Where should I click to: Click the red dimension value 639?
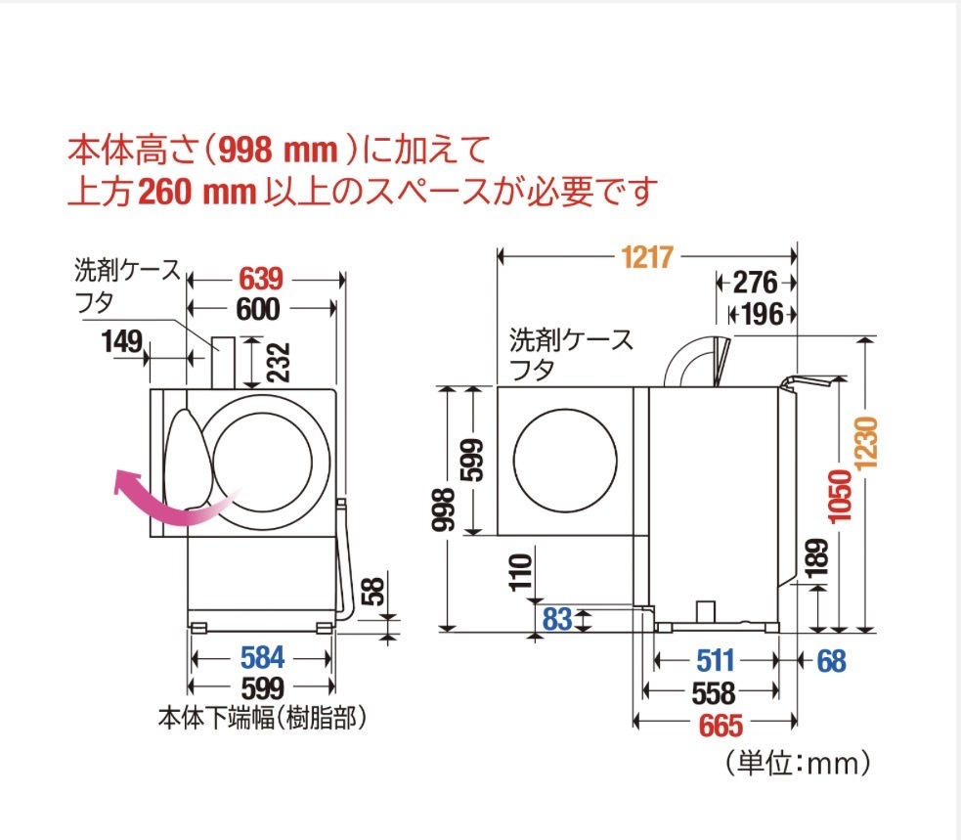click(264, 277)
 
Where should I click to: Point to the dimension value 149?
click(121, 341)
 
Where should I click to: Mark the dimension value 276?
click(754, 284)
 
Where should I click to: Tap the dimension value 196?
click(762, 314)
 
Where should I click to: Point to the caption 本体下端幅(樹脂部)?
click(262, 719)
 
